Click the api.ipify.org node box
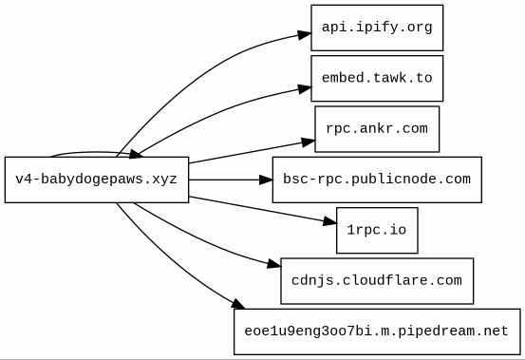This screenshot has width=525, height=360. [377, 28]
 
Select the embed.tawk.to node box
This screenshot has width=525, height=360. [377, 78]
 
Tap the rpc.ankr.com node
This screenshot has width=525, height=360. [377, 129]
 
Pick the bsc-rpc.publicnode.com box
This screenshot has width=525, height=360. [377, 180]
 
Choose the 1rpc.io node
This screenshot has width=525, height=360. [377, 231]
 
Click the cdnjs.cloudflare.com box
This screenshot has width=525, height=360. [377, 281]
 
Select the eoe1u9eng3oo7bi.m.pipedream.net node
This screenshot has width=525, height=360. [377, 332]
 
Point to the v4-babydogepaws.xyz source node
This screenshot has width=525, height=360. [97, 180]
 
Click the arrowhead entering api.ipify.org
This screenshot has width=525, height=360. [304, 34]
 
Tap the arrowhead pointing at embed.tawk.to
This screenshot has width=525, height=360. [304, 88]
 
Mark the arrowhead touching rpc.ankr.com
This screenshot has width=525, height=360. [308, 142]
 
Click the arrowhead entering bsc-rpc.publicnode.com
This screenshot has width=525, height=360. [266, 180]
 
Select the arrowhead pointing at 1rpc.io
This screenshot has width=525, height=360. [329, 221]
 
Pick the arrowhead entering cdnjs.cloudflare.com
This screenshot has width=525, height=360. [273, 264]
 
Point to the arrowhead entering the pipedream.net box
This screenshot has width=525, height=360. [237, 304]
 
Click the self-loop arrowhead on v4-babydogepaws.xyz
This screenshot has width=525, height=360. [135, 154]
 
